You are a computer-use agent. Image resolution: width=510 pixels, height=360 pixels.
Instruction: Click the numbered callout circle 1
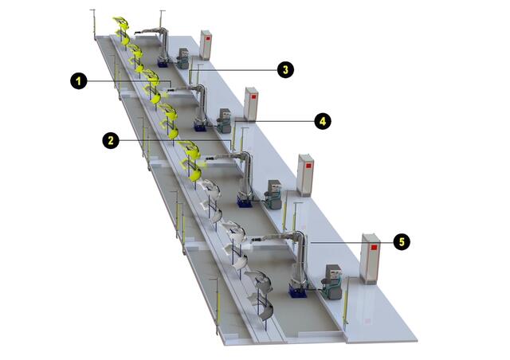pyautogui.click(x=79, y=80)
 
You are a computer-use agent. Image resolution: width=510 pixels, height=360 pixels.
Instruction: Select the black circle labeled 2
pyautogui.click(x=111, y=140)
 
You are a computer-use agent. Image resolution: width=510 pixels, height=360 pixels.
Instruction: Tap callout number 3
pyautogui.click(x=285, y=70)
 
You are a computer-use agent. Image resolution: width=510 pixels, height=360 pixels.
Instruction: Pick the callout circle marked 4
pyautogui.click(x=322, y=121)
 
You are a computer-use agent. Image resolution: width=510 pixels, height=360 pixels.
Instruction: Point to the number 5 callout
pyautogui.click(x=402, y=242)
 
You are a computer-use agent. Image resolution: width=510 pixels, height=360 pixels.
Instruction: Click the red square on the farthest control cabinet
pyautogui.click(x=208, y=38)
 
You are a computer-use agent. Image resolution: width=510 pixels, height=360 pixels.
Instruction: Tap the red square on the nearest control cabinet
pyautogui.click(x=374, y=248)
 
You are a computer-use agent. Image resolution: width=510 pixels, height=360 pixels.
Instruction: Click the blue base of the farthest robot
pyautogui.click(x=163, y=62)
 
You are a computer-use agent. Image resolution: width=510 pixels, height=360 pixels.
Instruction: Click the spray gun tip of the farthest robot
pyautogui.click(x=135, y=33)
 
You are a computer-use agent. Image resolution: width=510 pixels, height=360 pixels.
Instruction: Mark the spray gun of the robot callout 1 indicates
pyautogui.click(x=171, y=88)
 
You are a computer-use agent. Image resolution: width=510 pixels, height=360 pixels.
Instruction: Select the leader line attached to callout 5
pyautogui.click(x=352, y=243)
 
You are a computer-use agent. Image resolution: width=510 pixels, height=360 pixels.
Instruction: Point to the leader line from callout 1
pyautogui.click(x=129, y=83)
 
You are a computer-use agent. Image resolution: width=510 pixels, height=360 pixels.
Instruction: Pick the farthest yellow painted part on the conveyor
pyautogui.click(x=122, y=30)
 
